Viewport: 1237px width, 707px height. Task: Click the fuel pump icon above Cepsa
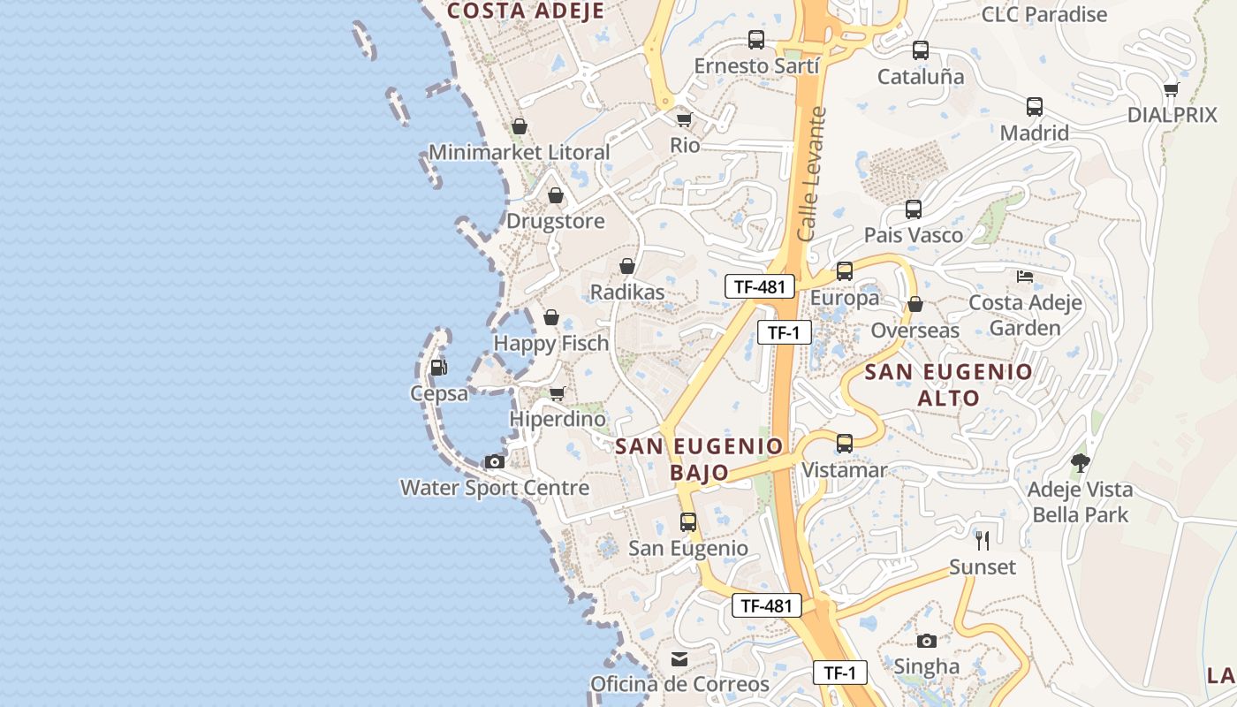point(438,367)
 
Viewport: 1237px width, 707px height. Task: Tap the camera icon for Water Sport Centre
point(495,461)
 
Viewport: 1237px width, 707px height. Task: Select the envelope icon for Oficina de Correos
point(679,658)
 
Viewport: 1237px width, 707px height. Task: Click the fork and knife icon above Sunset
point(982,540)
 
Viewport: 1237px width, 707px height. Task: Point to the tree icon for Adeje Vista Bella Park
point(1080,462)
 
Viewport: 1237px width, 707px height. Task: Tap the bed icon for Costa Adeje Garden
point(1025,277)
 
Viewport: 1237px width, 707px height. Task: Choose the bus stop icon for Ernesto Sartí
point(756,40)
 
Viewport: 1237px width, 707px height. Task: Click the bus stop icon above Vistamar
point(845,444)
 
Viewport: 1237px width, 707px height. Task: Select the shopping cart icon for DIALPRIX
point(1172,89)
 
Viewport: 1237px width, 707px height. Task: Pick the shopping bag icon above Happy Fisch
point(551,317)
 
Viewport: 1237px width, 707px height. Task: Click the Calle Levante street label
point(810,174)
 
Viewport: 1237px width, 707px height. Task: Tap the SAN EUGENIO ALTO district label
point(948,384)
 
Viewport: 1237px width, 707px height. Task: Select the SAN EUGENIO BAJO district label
point(699,459)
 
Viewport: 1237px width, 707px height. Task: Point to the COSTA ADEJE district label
point(525,11)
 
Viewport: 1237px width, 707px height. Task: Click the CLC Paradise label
point(1044,15)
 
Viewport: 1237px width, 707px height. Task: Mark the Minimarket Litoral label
point(520,152)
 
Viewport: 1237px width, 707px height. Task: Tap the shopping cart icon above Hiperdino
point(557,393)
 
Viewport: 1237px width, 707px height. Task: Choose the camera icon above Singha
point(926,641)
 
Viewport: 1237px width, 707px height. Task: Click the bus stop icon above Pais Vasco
point(914,209)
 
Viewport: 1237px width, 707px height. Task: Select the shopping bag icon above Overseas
point(915,304)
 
